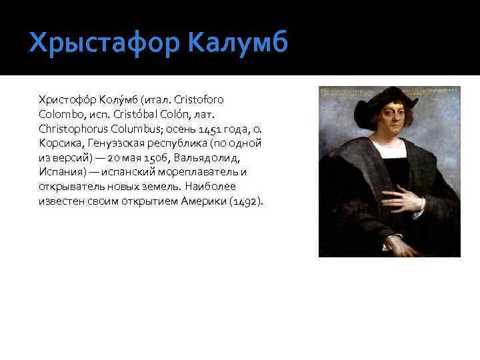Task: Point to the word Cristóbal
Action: point(140,114)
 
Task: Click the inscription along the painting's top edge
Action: point(389,89)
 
